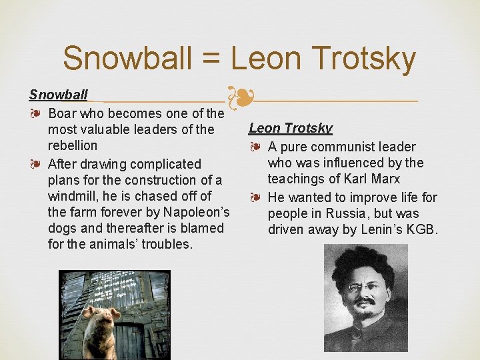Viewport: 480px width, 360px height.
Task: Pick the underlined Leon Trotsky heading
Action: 291,128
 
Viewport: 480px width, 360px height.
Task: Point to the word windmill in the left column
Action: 74,196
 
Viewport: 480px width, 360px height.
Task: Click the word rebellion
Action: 73,145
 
